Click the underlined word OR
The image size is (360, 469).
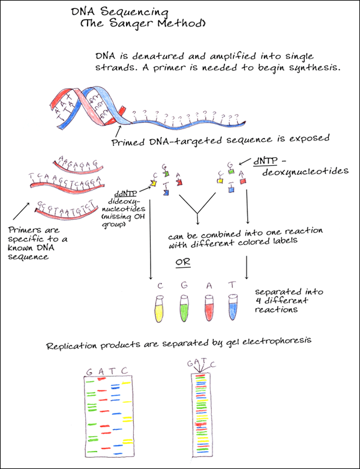click(x=183, y=262)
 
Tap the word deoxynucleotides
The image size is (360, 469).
click(x=305, y=171)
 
